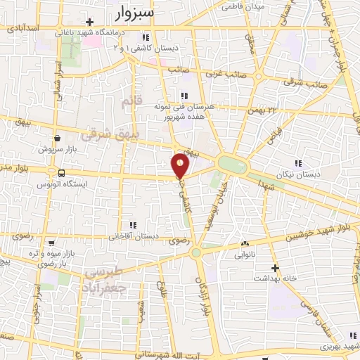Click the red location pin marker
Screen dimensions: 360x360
(x=181, y=166)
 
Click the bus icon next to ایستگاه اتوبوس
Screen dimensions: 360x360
(x=62, y=173)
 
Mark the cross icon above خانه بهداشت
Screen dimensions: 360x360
(x=276, y=267)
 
